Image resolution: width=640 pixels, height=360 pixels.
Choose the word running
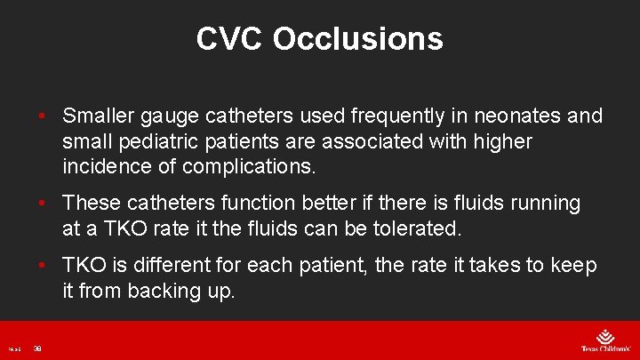pyautogui.click(x=542, y=203)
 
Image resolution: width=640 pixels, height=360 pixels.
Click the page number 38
pyautogui.click(x=37, y=348)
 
